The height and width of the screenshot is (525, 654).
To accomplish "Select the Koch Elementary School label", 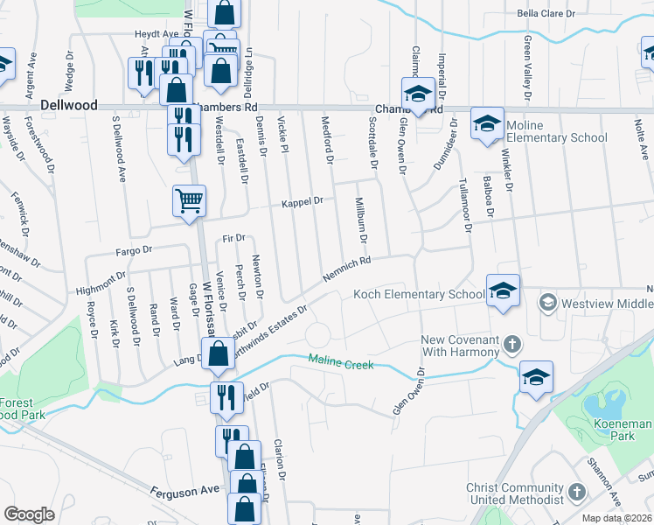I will (x=418, y=295).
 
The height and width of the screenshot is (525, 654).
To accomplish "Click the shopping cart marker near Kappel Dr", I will (x=189, y=202).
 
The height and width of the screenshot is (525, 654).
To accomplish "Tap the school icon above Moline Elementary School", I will (x=486, y=122).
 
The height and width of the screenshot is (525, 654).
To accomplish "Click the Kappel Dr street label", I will (x=302, y=201).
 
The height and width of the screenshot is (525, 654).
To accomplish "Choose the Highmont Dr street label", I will (x=101, y=282).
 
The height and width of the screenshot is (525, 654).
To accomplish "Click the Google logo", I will (x=29, y=514).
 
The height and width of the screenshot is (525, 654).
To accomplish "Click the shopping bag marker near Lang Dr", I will (x=217, y=354).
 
